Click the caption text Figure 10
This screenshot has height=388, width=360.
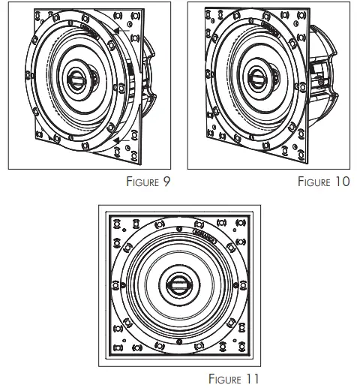[323, 182]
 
